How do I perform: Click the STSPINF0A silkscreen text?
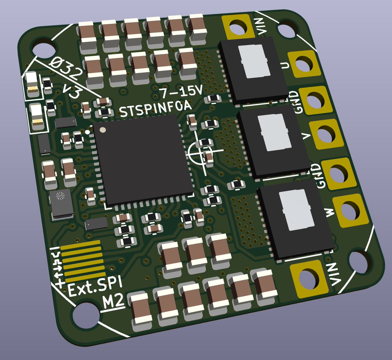pos(155,109)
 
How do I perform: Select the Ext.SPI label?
pos(95,286)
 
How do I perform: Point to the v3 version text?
pos(72,91)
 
